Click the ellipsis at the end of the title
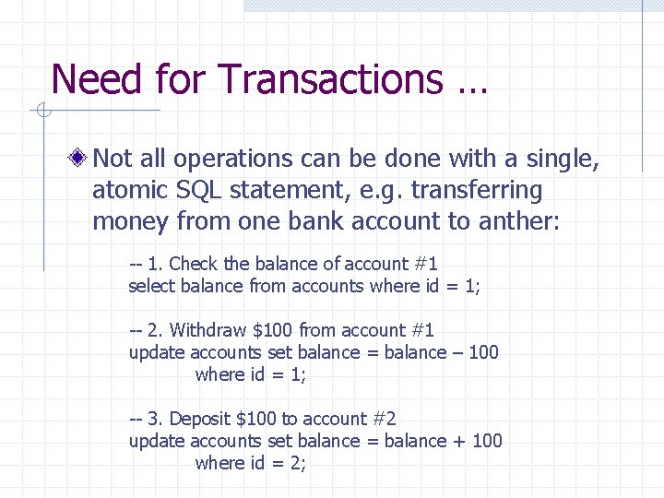[471, 85]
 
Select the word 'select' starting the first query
[148, 286]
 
